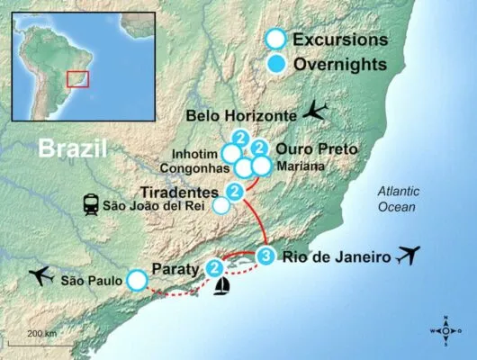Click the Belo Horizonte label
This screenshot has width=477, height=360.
click(x=239, y=115)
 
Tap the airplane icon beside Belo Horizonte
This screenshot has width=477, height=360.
click(x=316, y=111)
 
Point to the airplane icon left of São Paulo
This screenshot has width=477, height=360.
click(x=41, y=274)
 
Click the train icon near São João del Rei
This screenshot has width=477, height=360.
click(x=92, y=205)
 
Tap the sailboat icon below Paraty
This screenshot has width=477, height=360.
click(x=221, y=286)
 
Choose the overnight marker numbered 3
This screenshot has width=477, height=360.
click(x=266, y=256)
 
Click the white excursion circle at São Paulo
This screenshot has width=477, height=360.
click(x=137, y=280)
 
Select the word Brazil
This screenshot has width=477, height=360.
click(x=73, y=149)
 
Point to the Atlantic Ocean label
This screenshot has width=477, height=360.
click(x=397, y=199)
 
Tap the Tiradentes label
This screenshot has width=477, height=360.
click(x=180, y=193)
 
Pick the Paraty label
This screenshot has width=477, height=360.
click(x=178, y=268)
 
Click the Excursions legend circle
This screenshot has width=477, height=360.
click(x=277, y=40)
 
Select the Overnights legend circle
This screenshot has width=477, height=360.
click(x=277, y=64)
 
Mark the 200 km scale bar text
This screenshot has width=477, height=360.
click(x=41, y=334)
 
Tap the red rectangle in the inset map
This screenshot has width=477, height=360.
click(x=78, y=79)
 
